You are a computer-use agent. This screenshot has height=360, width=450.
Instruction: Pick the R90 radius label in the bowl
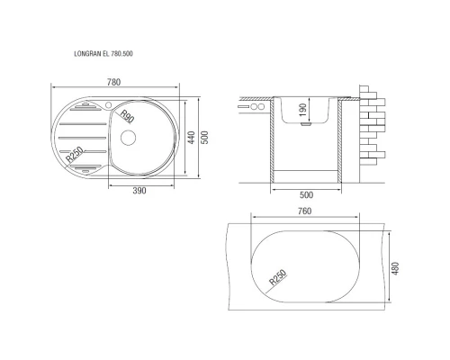(127, 116)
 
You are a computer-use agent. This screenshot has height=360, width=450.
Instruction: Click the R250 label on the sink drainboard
(75, 154)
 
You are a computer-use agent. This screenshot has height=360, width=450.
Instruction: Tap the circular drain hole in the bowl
(127, 138)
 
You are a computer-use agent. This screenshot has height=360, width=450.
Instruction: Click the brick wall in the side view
(372, 121)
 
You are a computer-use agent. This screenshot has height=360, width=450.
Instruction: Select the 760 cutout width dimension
(304, 212)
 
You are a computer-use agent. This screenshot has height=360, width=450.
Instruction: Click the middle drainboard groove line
(80, 137)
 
